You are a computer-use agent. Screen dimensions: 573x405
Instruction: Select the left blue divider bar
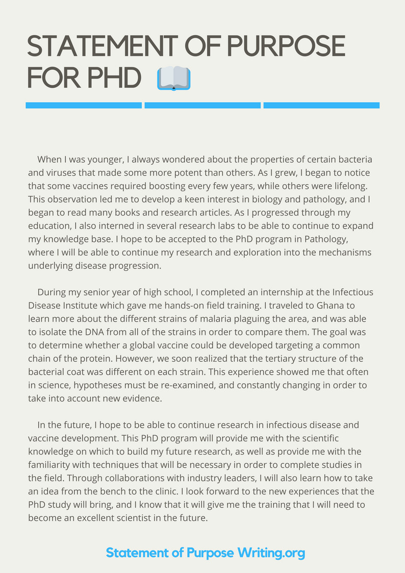click(x=84, y=106)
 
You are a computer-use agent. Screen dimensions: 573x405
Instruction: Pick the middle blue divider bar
click(x=202, y=106)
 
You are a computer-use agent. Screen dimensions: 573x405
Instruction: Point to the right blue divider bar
click(x=321, y=106)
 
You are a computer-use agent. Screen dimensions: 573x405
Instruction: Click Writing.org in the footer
click(x=271, y=553)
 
